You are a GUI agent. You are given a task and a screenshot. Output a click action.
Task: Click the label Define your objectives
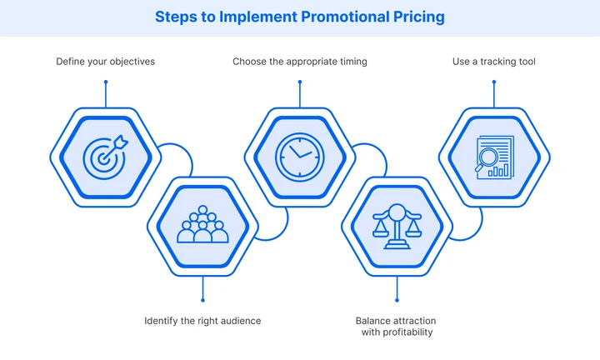point(105,62)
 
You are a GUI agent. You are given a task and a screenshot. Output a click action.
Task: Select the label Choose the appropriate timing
point(299,62)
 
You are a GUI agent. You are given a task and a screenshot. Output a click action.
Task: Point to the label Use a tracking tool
point(493,62)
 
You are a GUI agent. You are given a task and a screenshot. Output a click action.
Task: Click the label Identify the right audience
point(202,321)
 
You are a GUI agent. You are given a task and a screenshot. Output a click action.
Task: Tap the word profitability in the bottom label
point(397,332)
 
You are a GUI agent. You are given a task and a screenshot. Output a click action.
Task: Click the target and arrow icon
point(105,155)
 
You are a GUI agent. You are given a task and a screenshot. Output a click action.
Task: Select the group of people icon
point(202,225)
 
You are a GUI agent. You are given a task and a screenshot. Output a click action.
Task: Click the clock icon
point(299,155)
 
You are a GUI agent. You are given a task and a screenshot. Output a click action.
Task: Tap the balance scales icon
point(397,225)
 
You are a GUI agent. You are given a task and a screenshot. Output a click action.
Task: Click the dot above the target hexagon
point(105,82)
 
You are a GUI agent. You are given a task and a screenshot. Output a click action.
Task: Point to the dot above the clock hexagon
point(299,82)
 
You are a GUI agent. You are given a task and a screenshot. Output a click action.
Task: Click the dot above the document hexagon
point(493,82)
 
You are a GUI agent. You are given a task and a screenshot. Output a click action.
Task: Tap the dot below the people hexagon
point(202,300)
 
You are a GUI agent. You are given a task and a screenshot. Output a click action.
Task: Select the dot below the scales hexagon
point(397,300)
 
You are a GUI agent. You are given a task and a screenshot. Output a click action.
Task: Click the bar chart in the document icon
point(501,169)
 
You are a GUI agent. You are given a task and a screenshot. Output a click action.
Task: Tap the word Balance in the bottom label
point(372,321)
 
